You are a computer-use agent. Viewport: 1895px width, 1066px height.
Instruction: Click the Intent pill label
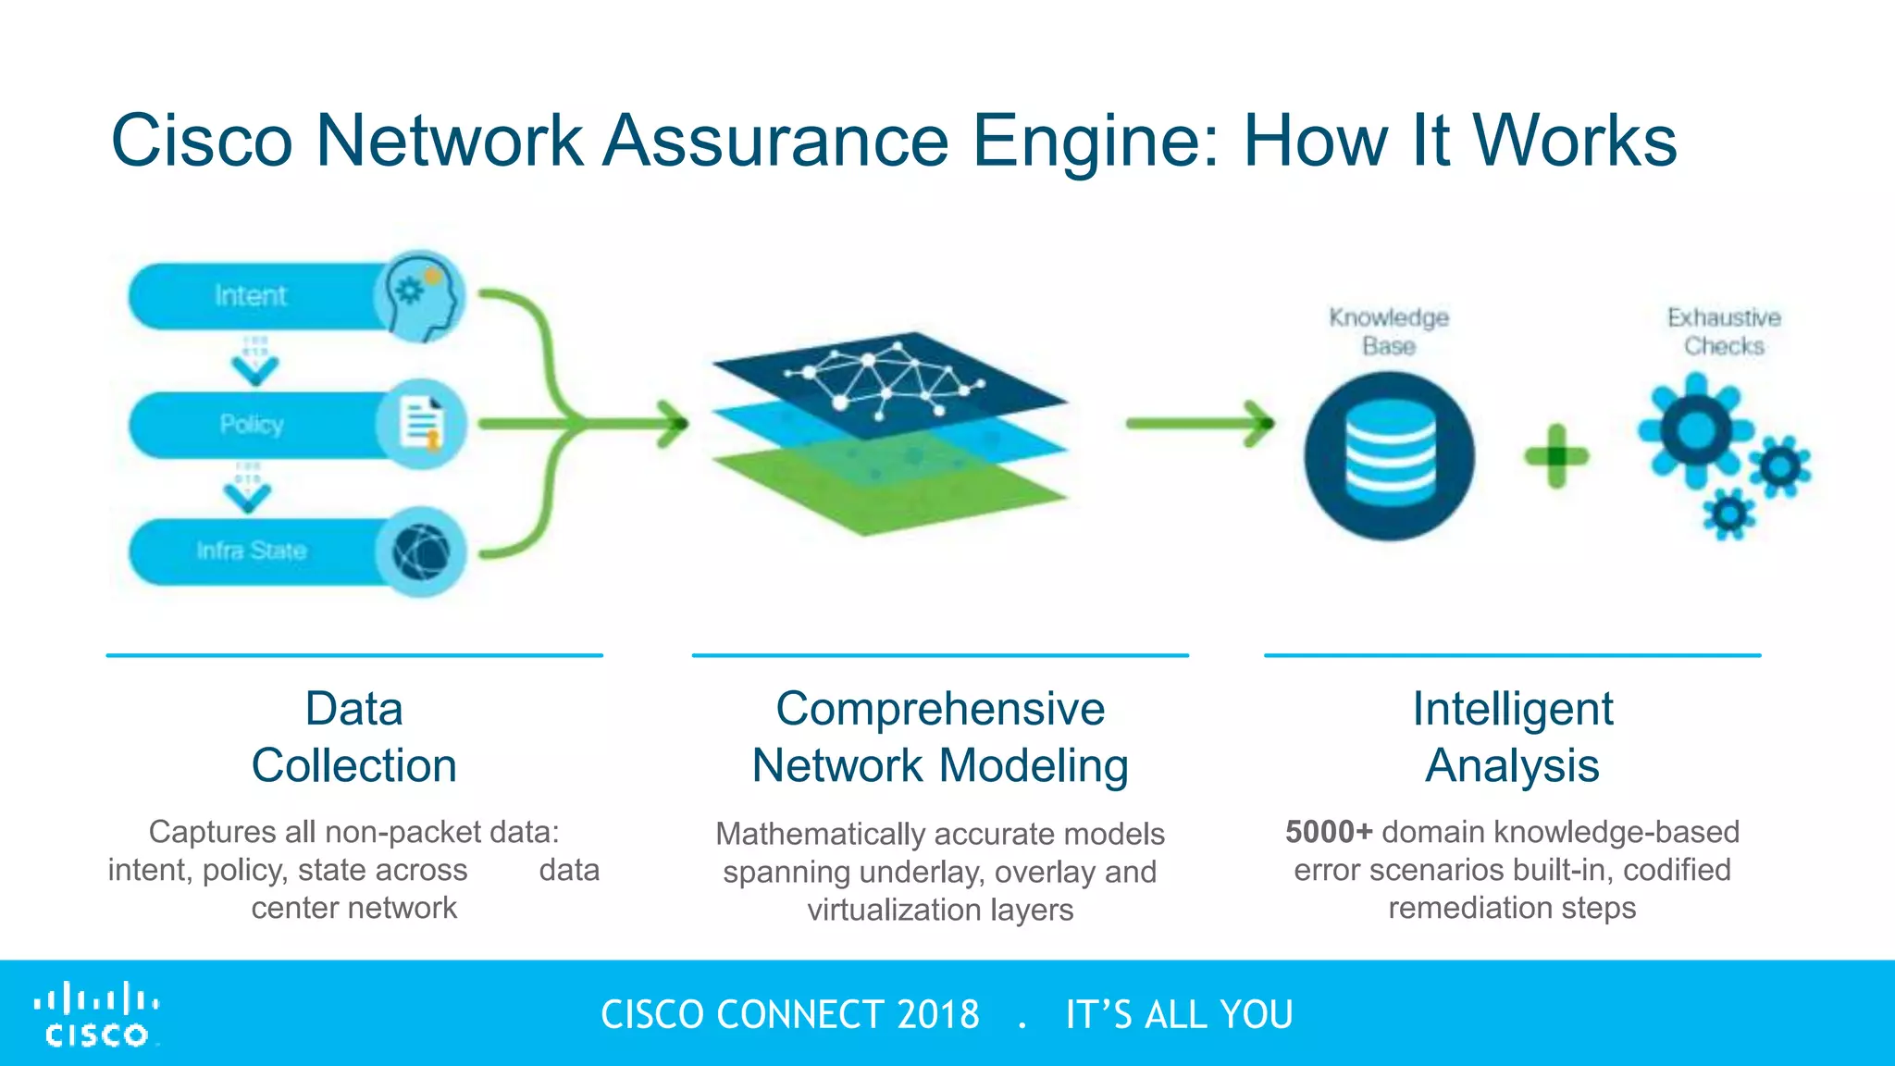[x=250, y=295]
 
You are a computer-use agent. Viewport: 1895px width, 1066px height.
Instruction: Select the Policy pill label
[x=251, y=424]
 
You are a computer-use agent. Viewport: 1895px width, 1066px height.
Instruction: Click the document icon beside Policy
[x=421, y=424]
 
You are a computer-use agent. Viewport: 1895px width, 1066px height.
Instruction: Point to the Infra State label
[x=251, y=551]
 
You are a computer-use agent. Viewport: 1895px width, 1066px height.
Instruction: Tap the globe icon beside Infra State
[x=421, y=552]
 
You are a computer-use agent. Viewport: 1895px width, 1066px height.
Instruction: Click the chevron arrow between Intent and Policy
[x=254, y=368]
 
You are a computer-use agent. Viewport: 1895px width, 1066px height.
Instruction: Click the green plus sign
[x=1556, y=455]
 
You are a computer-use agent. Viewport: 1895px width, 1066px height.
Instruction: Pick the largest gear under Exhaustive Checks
[x=1695, y=430]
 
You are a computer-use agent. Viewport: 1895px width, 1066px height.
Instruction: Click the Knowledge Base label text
[x=1389, y=331]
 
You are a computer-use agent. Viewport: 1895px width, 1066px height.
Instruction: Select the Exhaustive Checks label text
[x=1724, y=331]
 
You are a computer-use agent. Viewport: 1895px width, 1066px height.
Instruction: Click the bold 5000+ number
[x=1329, y=831]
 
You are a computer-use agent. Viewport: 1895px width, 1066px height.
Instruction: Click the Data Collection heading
[x=354, y=737]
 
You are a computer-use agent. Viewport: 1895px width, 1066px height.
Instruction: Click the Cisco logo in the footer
[x=97, y=1015]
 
